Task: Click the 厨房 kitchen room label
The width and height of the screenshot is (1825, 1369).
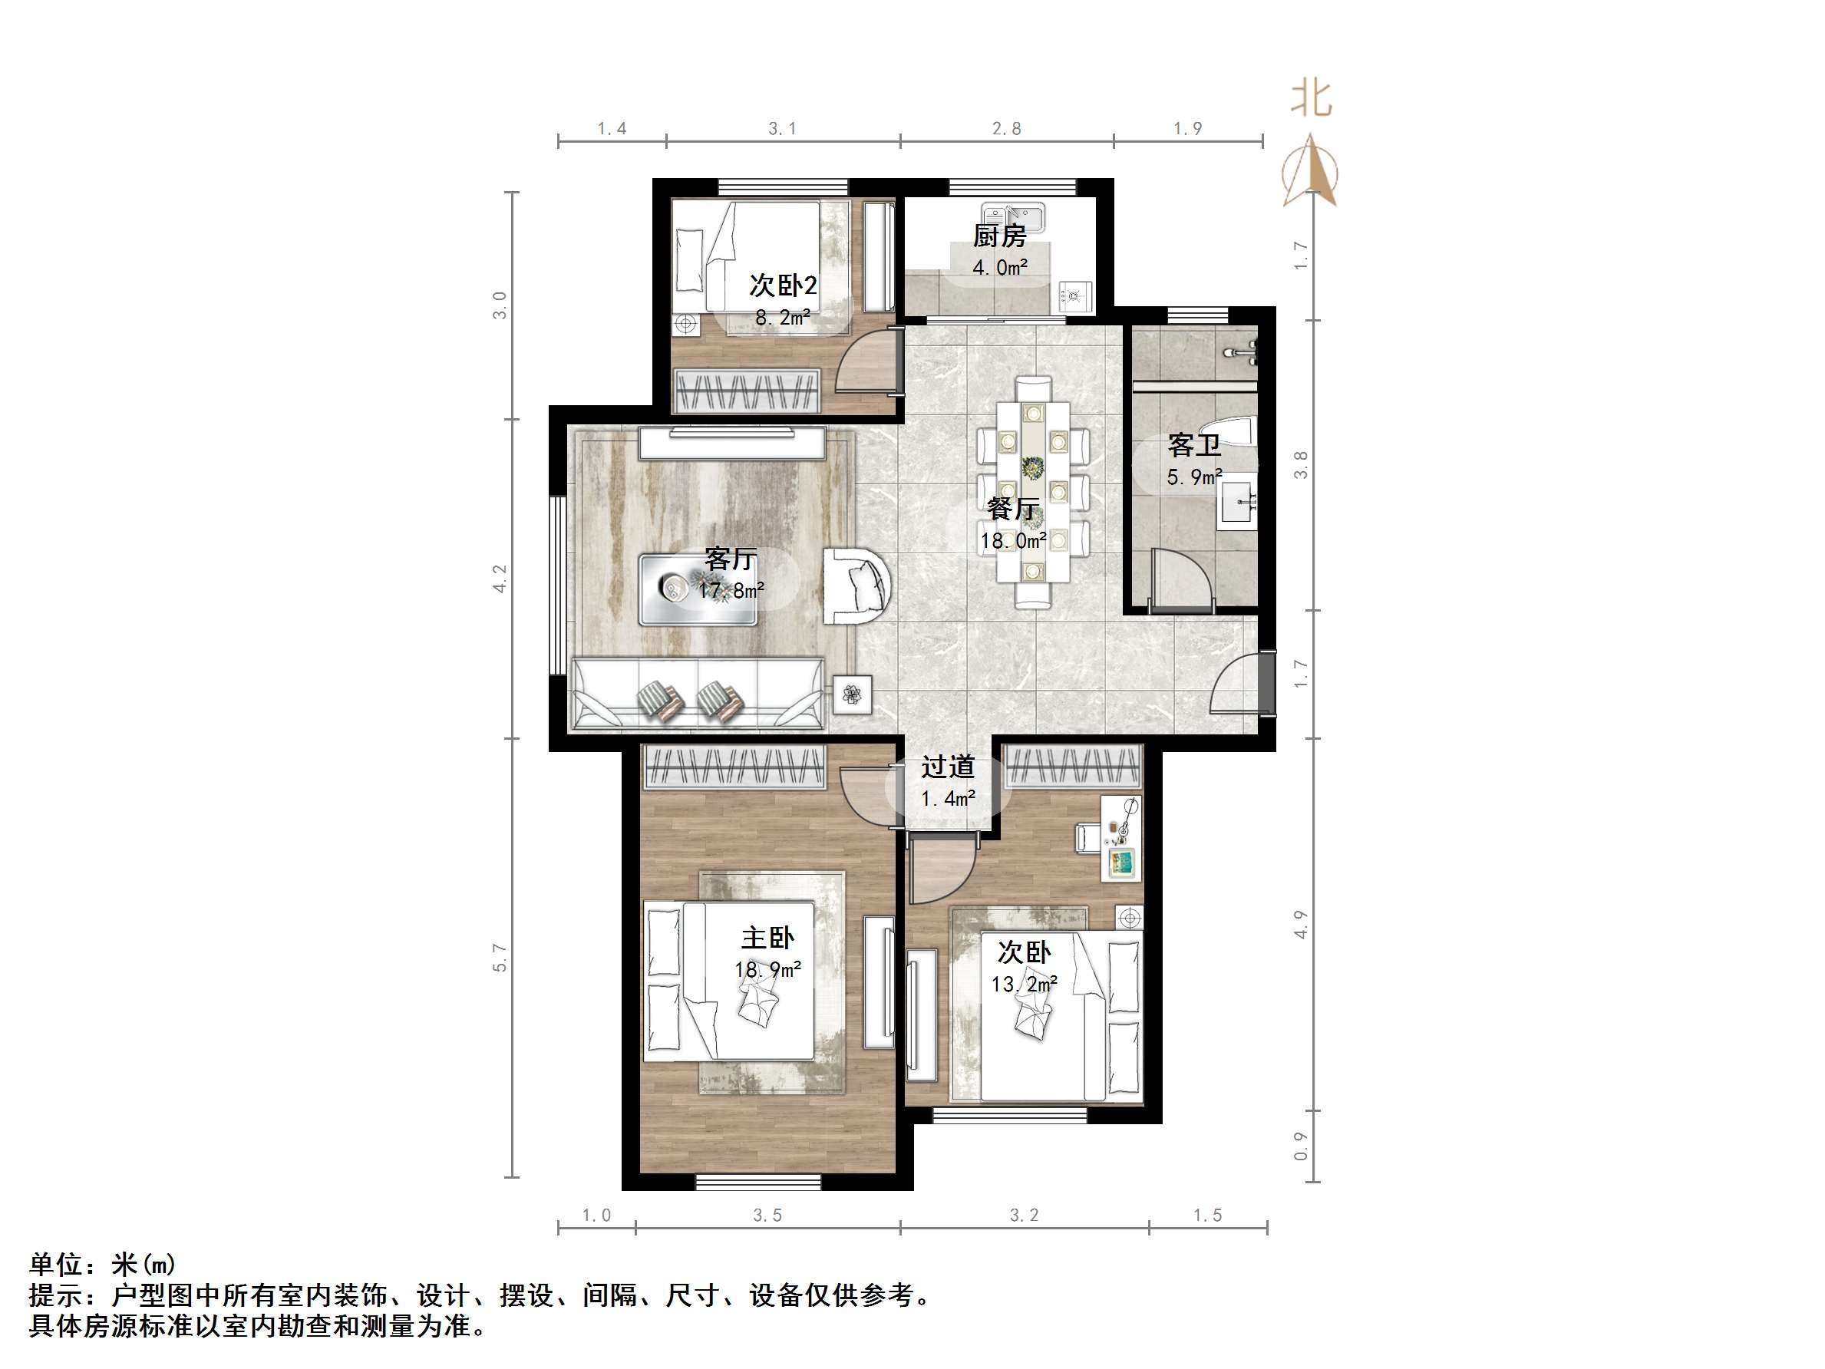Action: click(999, 236)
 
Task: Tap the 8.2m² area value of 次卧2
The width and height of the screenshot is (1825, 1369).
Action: click(782, 318)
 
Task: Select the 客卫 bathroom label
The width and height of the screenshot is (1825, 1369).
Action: click(1194, 446)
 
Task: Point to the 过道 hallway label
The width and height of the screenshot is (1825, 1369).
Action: click(948, 767)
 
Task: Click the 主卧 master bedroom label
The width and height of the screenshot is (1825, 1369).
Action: click(767, 939)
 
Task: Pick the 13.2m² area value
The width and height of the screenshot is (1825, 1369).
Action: click(1024, 985)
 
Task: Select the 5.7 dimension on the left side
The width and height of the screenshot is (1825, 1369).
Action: click(500, 957)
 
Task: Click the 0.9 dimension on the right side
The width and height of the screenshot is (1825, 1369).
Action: click(1301, 1146)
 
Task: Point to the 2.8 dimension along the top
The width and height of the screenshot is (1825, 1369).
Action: click(1007, 129)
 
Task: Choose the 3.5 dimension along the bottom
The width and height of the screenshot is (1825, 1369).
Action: click(767, 1216)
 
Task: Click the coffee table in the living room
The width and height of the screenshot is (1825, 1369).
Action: click(697, 589)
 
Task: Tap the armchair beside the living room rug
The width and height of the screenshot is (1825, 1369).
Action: click(857, 586)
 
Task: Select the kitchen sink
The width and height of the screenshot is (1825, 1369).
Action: click(1013, 217)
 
